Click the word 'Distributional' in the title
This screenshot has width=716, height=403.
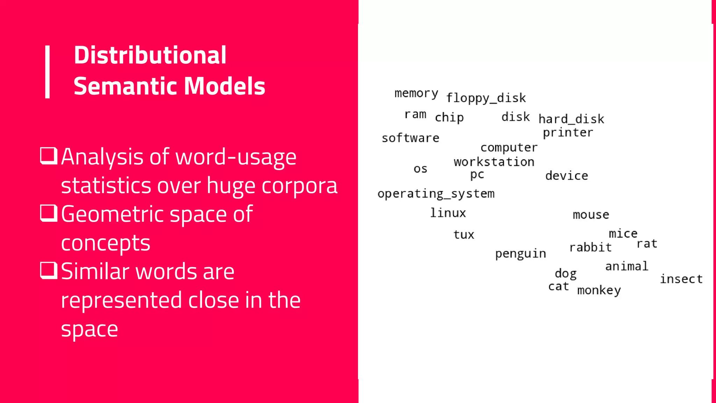coord(150,55)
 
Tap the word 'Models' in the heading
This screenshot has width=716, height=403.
coord(224,86)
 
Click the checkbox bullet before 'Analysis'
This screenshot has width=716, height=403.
coord(49,156)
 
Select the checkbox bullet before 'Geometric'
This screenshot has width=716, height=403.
coord(49,213)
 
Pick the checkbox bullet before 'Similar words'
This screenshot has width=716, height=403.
coord(49,270)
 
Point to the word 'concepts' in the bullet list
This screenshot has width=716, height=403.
coord(106,243)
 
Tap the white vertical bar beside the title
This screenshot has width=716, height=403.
coord(48,72)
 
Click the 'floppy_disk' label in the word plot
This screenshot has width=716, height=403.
coord(486,98)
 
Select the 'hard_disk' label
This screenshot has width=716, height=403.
coord(571,119)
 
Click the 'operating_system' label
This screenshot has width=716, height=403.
coord(436,194)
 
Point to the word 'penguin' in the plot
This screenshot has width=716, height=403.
coord(521,254)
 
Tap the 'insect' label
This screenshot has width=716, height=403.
coord(681,279)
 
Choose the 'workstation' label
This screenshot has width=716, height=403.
coord(494,162)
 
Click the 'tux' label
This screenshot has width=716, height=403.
coord(464,234)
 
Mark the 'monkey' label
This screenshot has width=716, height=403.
coord(599,290)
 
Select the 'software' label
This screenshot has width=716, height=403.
coord(410,138)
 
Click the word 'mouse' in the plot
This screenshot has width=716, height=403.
coord(591,214)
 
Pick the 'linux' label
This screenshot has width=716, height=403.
coord(448,213)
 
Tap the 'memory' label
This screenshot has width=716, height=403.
coord(416,93)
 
